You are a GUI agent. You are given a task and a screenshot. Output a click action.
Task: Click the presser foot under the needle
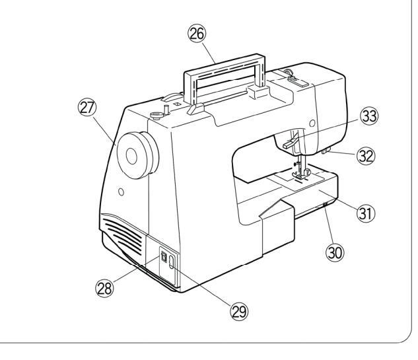[306, 174]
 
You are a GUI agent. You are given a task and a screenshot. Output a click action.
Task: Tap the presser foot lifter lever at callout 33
[287, 142]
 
